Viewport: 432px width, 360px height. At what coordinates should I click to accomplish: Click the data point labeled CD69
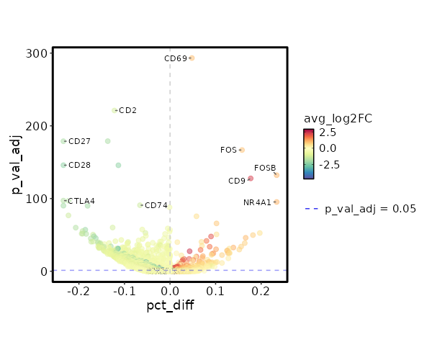[x=192, y=58]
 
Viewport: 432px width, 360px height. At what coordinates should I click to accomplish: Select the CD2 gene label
[x=127, y=111]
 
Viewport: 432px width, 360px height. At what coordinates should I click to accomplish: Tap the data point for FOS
[x=242, y=150]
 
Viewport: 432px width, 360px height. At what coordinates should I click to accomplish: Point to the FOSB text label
[x=265, y=168]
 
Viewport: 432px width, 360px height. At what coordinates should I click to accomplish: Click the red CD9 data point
[x=251, y=179]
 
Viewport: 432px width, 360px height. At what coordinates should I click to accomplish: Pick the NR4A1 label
[x=257, y=202]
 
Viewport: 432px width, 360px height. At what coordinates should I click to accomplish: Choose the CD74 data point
[x=140, y=205]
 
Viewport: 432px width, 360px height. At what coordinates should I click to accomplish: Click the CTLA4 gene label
[x=81, y=201]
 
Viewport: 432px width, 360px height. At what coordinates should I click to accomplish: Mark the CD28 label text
[x=79, y=166]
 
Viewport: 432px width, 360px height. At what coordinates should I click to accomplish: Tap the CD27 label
[x=79, y=142]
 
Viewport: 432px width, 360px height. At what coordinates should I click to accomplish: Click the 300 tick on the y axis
[x=39, y=53]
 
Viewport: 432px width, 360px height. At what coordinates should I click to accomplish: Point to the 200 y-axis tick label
[x=39, y=126]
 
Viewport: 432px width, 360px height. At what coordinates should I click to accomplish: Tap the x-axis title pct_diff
[x=170, y=305]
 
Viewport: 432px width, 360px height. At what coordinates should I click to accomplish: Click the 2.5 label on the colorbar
[x=328, y=132]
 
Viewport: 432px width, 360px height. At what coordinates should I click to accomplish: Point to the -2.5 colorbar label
[x=330, y=164]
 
